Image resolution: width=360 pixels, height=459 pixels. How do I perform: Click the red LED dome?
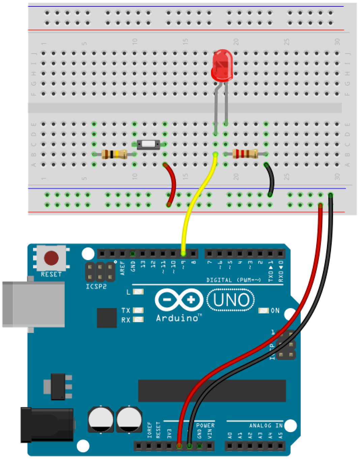221,64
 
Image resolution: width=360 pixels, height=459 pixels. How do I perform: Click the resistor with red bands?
245,154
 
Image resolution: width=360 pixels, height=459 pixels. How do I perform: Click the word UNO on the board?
231,300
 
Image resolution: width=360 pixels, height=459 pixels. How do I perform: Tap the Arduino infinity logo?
179,300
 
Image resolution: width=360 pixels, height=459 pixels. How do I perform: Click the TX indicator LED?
138,310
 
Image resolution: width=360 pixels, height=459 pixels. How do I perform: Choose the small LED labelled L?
138,292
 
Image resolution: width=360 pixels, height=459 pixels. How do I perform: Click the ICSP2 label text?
96,287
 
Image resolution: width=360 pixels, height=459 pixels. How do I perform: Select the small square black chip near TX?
107,318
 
